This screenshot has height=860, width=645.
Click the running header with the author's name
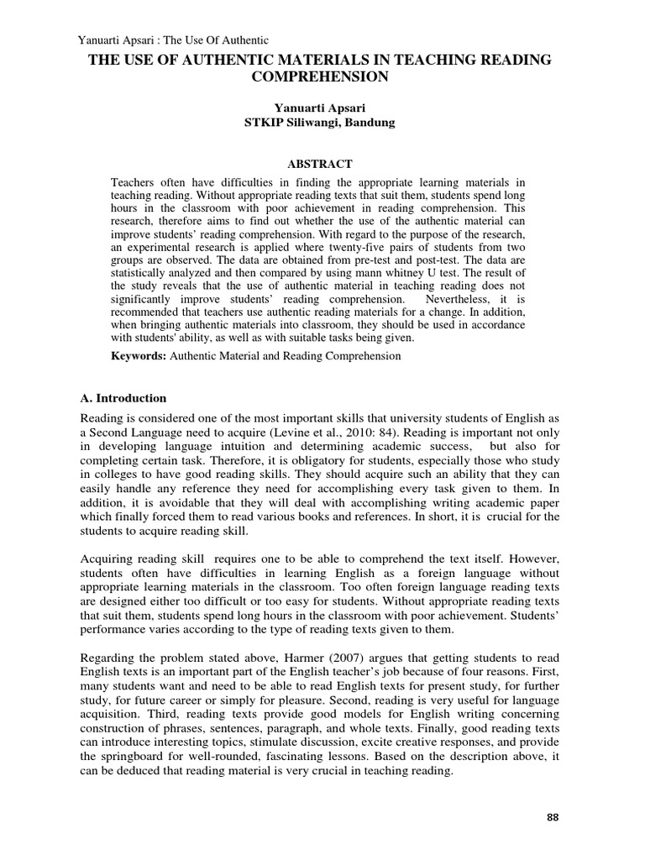click(172, 39)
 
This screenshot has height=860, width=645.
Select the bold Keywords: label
click(139, 356)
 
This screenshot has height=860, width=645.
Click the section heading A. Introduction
click(123, 398)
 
